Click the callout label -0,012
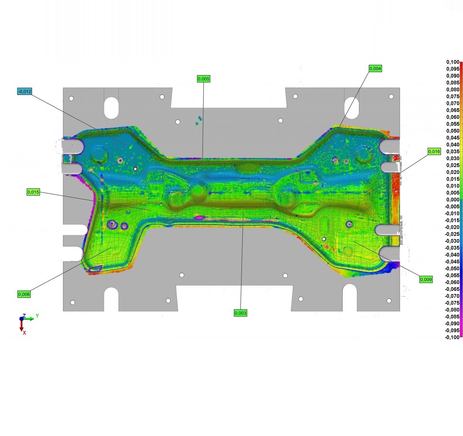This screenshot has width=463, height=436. [25, 91]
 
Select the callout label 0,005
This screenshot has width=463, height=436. [203, 79]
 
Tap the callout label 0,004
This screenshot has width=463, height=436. [375, 68]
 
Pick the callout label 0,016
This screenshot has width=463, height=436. [434, 152]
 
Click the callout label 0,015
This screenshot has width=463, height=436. [33, 192]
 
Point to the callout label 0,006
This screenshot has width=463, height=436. [24, 294]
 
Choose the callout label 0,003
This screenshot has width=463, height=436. [240, 313]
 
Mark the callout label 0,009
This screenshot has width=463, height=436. [426, 279]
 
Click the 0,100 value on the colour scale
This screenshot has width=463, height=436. [453, 62]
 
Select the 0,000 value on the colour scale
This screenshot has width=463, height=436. [453, 199]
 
